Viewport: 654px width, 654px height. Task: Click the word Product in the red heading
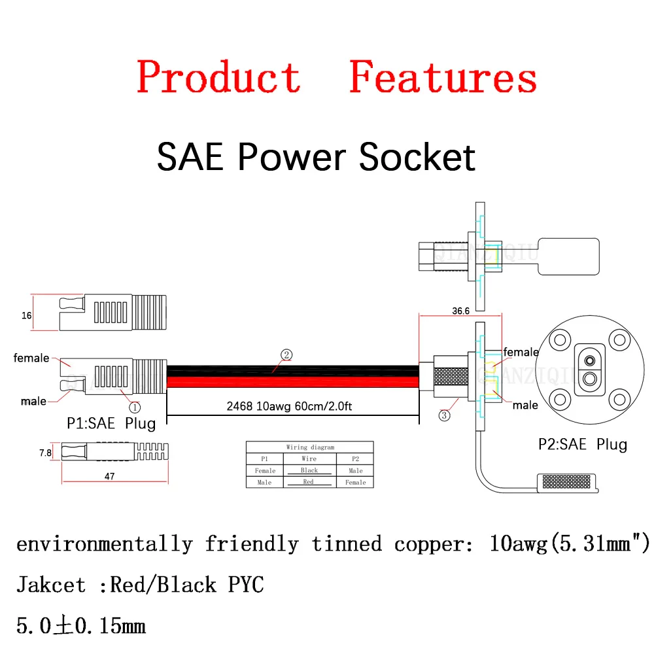pyautogui.click(x=218, y=77)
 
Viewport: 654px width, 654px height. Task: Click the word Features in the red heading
pyautogui.click(x=443, y=77)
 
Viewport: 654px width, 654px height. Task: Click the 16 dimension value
pyautogui.click(x=27, y=315)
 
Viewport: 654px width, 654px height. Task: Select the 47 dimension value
pyautogui.click(x=109, y=477)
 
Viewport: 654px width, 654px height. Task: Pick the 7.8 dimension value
pyautogui.click(x=45, y=452)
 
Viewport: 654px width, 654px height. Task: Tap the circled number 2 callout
pyautogui.click(x=286, y=355)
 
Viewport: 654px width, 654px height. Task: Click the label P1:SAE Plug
pyautogui.click(x=112, y=423)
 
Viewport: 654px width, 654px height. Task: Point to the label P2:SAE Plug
pyautogui.click(x=583, y=445)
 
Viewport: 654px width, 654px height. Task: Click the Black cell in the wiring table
pyautogui.click(x=309, y=470)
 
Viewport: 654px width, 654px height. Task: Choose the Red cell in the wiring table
pyautogui.click(x=309, y=482)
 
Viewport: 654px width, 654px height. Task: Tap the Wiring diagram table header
pyautogui.click(x=309, y=447)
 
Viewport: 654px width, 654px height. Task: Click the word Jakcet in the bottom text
pyautogui.click(x=50, y=584)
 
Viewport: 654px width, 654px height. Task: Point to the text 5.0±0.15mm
pyautogui.click(x=80, y=627)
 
